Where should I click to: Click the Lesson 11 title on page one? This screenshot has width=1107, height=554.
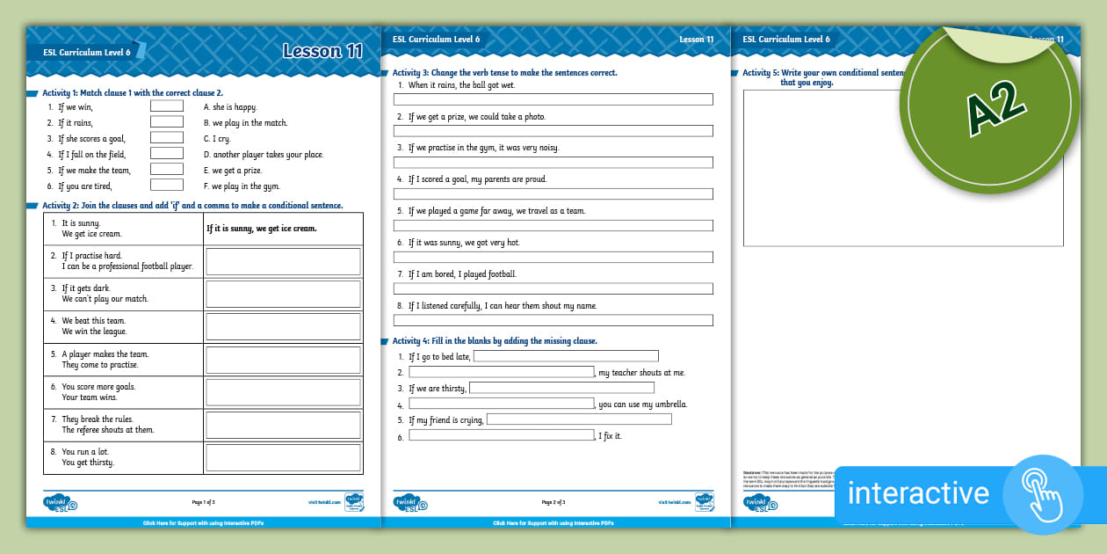click(x=322, y=51)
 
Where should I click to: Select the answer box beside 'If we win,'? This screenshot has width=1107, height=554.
click(x=167, y=106)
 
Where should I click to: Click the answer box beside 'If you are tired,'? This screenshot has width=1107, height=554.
click(x=167, y=186)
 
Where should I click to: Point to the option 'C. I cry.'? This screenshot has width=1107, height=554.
click(x=217, y=139)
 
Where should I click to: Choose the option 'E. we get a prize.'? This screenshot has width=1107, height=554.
click(x=233, y=171)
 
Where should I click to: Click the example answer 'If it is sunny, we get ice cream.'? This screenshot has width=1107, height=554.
click(x=262, y=229)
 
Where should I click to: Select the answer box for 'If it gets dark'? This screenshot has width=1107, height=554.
click(x=283, y=294)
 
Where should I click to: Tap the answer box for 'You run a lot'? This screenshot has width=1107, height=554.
click(x=283, y=457)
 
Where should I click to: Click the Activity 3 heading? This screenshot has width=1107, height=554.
click(x=504, y=72)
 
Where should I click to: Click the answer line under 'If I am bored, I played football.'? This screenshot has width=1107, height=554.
click(x=553, y=288)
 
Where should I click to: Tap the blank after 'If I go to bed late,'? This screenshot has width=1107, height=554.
click(x=566, y=356)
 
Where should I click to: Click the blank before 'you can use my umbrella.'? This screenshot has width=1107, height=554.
click(x=502, y=404)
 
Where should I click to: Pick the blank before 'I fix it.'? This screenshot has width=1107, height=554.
click(x=502, y=435)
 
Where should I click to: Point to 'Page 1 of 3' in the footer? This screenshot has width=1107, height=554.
click(x=203, y=502)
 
